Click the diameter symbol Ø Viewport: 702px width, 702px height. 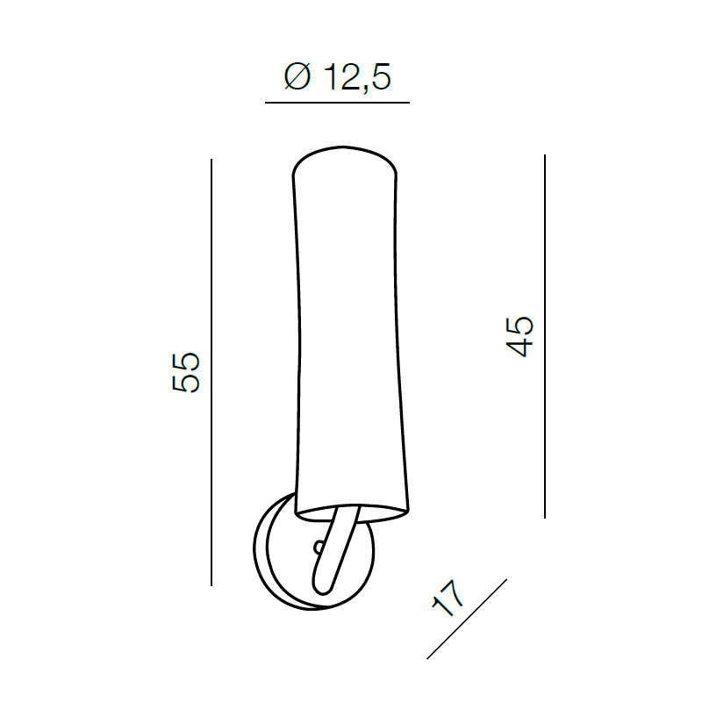pyautogui.click(x=297, y=76)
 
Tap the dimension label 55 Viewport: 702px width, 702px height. pyautogui.click(x=186, y=372)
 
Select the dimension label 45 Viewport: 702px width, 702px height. pyautogui.click(x=519, y=337)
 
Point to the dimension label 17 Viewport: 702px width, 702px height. pyautogui.click(x=448, y=598)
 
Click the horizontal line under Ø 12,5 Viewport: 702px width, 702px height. pyautogui.click(x=337, y=103)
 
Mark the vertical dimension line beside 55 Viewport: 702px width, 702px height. pyautogui.click(x=211, y=372)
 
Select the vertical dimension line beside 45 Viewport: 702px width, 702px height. pyautogui.click(x=545, y=336)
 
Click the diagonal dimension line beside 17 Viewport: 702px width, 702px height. pyautogui.click(x=467, y=619)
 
